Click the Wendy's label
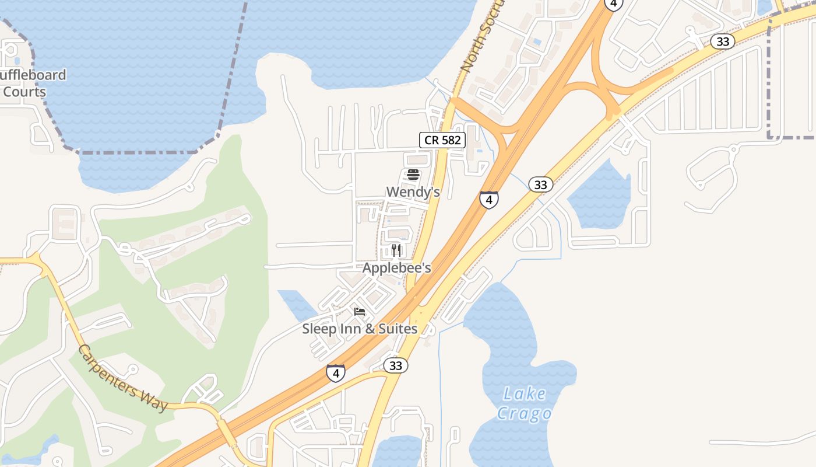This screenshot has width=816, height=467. click(x=413, y=191)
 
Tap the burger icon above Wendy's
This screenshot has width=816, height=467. click(x=413, y=174)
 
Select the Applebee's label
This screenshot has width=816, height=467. click(x=396, y=268)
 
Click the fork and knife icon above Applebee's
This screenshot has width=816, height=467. click(x=396, y=250)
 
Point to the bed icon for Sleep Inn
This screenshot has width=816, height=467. click(x=360, y=312)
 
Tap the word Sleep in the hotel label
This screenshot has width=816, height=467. click(x=319, y=329)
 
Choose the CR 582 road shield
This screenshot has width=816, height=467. click(x=442, y=140)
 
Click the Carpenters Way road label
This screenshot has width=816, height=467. click(x=123, y=378)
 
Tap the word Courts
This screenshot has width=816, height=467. click(x=24, y=92)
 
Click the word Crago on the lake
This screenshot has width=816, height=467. click(x=524, y=413)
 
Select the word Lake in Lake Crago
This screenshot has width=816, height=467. click(x=525, y=394)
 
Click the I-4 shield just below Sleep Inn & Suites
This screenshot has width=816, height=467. click(x=335, y=373)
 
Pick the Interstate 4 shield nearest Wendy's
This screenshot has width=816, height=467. click(x=489, y=200)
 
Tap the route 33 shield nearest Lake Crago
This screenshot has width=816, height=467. click(x=395, y=365)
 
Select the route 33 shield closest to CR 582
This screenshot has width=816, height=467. click(x=540, y=184)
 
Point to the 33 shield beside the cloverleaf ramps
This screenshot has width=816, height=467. click(x=722, y=41)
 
